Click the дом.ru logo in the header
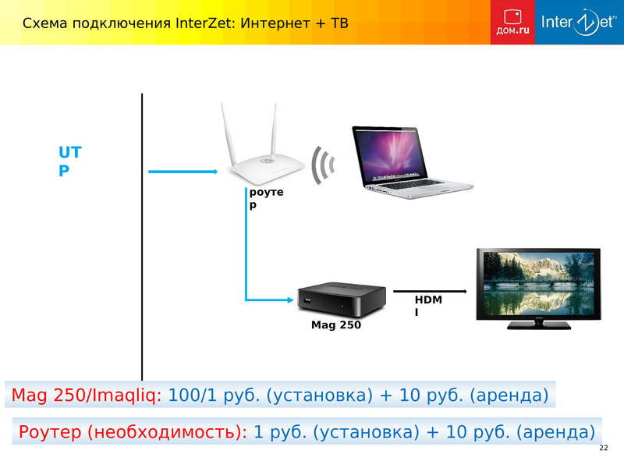(x=512, y=22)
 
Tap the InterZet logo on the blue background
(x=579, y=22)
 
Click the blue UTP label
(x=70, y=161)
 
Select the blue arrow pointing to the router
(x=183, y=172)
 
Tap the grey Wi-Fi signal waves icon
(x=323, y=165)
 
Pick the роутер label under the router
(x=266, y=198)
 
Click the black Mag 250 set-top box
(x=342, y=300)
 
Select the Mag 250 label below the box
(x=336, y=324)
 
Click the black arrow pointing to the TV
(x=430, y=291)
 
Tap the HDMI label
(x=428, y=306)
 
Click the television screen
(x=538, y=283)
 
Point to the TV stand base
(x=539, y=325)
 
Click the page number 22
(x=604, y=448)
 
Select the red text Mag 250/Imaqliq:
(x=87, y=395)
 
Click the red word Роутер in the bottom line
(x=50, y=432)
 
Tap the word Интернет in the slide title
(x=275, y=23)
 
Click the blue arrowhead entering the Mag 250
(x=290, y=300)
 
